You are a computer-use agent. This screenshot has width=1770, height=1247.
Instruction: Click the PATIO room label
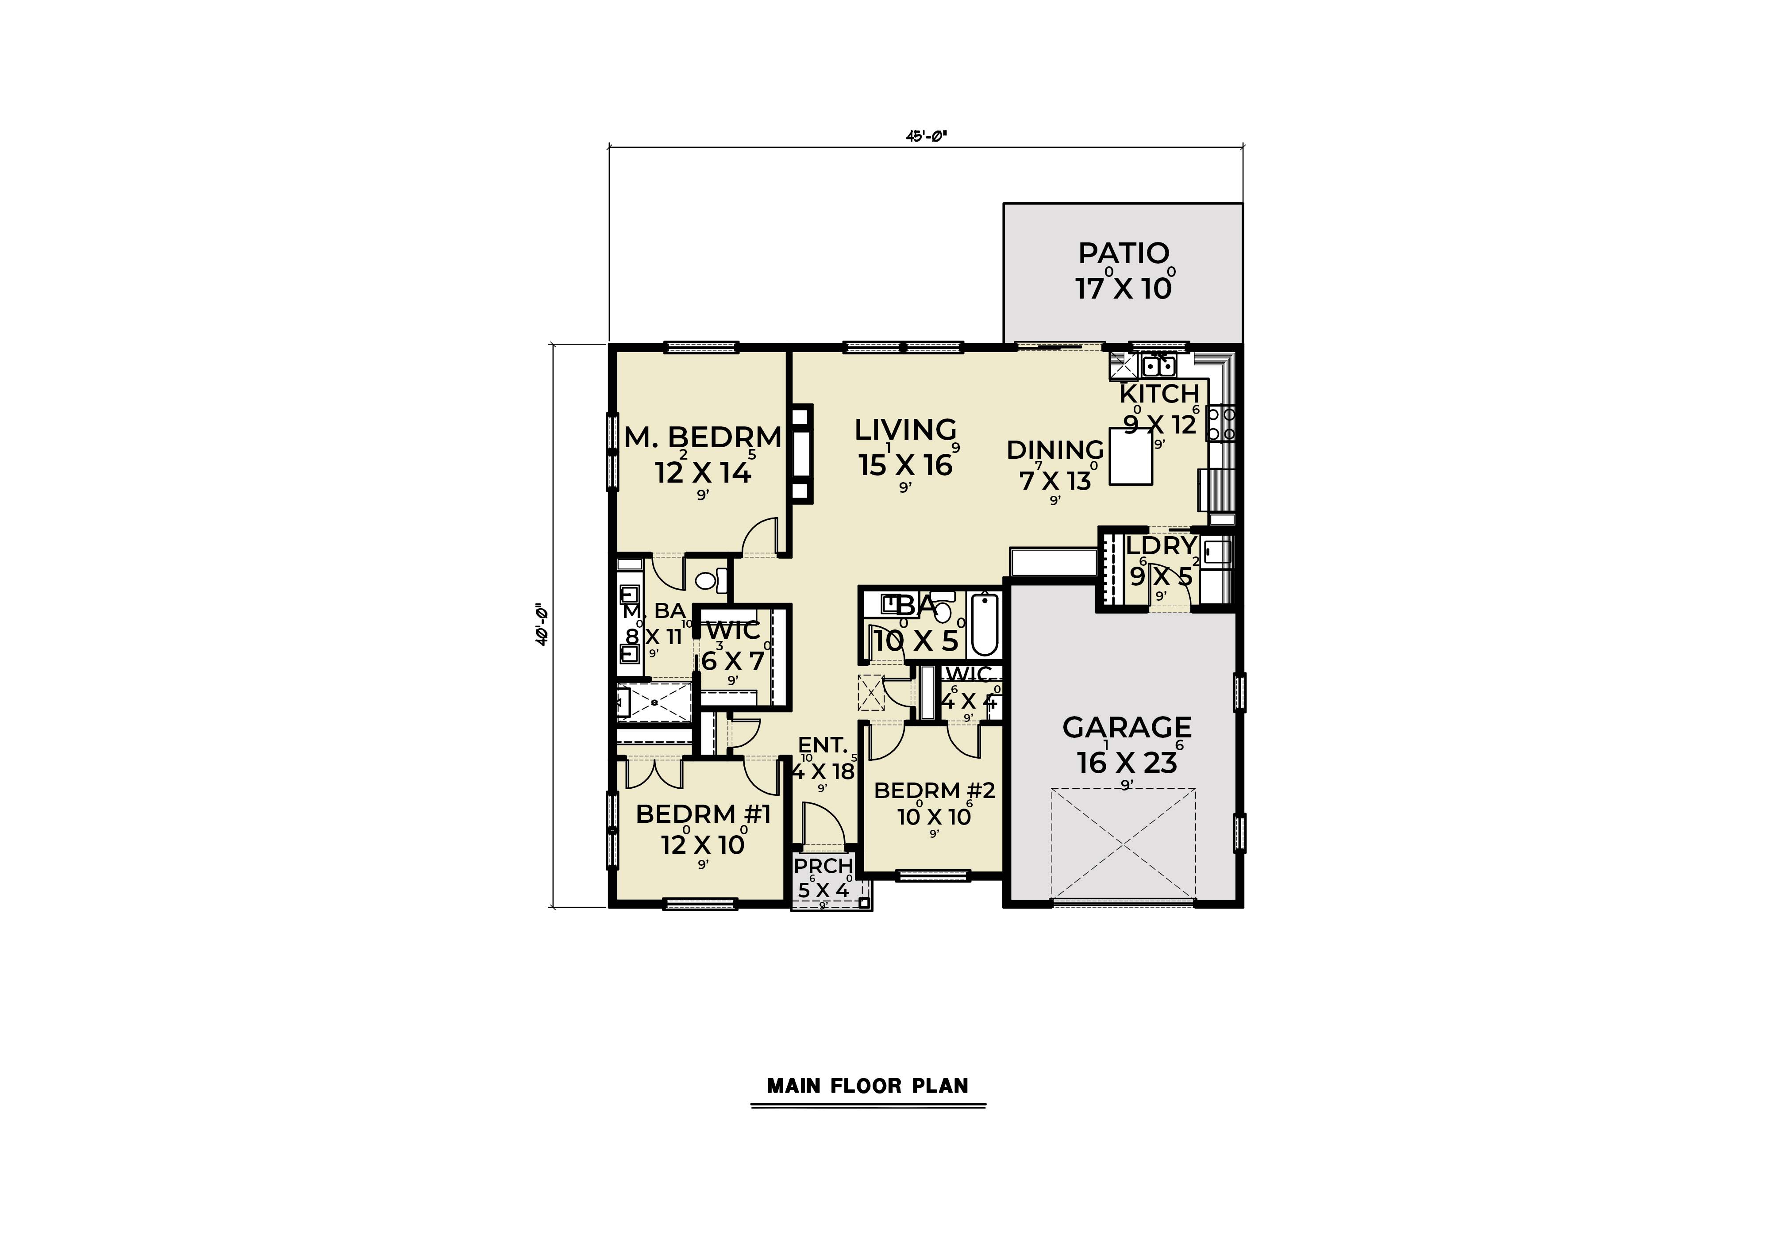[x=1123, y=253]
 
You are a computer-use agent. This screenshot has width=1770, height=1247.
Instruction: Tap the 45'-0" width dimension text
[x=926, y=136]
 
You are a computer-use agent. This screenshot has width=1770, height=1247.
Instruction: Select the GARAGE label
[x=1126, y=727]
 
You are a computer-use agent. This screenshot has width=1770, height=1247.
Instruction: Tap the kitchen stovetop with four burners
[x=1220, y=424]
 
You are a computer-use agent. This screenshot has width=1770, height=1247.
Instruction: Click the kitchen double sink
[x=1158, y=364]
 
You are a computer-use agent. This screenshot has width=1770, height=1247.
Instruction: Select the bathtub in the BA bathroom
[x=985, y=624]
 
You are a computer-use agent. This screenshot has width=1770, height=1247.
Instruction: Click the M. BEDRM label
[x=702, y=438]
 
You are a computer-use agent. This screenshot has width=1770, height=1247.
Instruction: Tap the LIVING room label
[x=905, y=429]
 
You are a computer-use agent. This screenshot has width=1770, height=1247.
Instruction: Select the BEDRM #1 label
[x=702, y=814]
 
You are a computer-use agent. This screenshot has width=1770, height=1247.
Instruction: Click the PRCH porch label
[x=823, y=866]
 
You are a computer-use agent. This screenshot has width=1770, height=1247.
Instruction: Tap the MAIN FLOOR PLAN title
[x=867, y=1086]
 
